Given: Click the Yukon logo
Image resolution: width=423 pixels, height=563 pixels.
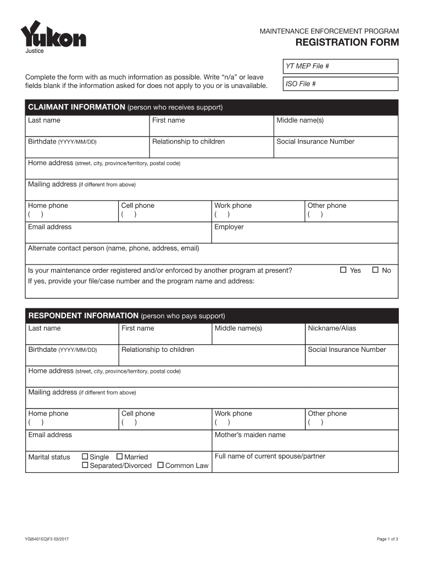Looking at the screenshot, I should pos(53,36).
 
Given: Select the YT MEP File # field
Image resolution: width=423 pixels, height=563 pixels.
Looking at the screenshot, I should pos(340,67).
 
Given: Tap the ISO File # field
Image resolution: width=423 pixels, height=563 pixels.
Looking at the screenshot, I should pos(340,84).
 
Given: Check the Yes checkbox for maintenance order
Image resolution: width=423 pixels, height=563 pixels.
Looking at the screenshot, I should pos(343,270).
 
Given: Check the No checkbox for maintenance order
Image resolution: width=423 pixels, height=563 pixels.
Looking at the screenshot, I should pos(376,270).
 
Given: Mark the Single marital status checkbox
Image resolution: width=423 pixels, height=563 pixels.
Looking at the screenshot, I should pos(85,457).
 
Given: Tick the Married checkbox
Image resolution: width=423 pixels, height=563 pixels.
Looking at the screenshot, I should pos(119,457).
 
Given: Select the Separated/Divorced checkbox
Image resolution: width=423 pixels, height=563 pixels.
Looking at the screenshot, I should pos(85,466).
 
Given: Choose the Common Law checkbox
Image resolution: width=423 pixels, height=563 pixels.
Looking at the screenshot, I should pos(160,466).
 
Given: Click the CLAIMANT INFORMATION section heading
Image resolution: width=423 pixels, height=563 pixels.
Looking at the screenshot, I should pos(76,107).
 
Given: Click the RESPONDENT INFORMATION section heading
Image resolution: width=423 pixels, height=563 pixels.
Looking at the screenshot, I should pos(83,316).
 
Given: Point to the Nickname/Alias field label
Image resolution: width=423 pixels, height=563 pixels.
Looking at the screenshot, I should pos(332,328).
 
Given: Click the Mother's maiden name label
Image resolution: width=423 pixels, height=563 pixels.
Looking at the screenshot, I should pos(250,435).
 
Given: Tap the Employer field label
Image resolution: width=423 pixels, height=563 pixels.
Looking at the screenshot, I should pos(229,227).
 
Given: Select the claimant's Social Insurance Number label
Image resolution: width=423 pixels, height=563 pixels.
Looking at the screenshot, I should pos(315,142).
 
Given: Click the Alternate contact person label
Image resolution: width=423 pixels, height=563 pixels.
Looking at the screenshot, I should pos(113,249).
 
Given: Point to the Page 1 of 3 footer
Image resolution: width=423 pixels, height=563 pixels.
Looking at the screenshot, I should pos(387,539).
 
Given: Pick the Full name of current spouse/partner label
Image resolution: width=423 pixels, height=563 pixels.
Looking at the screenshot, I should pos(270,456).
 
